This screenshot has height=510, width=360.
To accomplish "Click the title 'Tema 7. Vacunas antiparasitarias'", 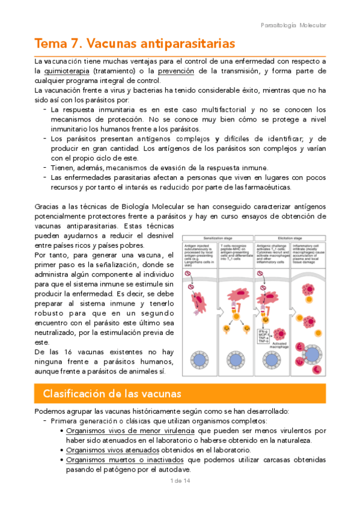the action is pos(135,45).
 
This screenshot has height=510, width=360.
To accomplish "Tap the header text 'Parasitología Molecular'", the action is pos(294,25).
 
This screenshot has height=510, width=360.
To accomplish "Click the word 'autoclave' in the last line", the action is pos(172,469).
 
